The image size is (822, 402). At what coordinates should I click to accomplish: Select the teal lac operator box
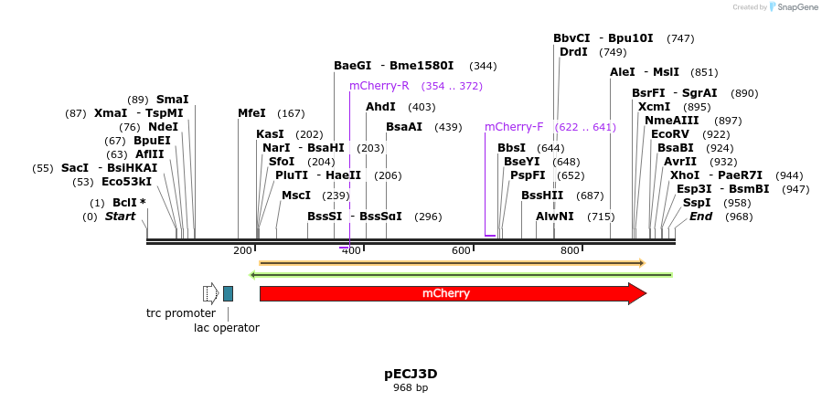point(228,293)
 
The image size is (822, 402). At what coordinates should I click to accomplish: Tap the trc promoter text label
point(181,313)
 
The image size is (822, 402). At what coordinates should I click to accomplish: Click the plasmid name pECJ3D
point(411,374)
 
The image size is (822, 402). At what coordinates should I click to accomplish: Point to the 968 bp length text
point(411,387)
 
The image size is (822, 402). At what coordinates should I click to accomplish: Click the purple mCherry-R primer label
point(379,86)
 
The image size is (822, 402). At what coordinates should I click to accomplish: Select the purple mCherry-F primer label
point(514,127)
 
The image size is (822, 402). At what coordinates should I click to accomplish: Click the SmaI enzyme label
point(173,100)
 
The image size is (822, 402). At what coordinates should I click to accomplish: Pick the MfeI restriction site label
point(251,113)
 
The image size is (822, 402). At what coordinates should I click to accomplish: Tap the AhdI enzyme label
point(380,107)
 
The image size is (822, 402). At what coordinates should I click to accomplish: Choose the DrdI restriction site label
point(573,52)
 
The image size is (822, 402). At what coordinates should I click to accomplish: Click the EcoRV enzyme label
point(670,134)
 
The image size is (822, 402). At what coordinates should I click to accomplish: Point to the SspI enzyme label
point(697,203)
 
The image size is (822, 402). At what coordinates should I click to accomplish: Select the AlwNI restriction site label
point(555,217)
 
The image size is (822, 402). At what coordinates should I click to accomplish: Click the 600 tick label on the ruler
point(461,250)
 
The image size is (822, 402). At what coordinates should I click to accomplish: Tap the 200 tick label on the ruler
point(243,250)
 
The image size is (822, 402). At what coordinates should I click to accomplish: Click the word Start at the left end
point(121,217)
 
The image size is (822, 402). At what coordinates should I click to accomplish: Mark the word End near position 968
point(701,217)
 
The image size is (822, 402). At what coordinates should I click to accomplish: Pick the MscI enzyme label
point(296,196)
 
